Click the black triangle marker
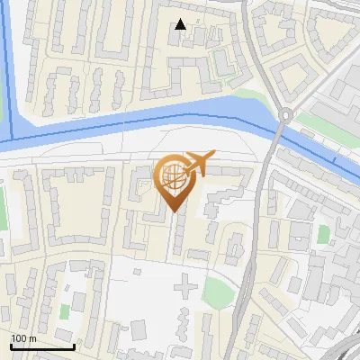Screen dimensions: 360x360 click(181, 24)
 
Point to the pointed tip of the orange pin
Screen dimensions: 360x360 click(173, 211)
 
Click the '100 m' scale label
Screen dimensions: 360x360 click(23, 338)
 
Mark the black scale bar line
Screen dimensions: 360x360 click(41, 346)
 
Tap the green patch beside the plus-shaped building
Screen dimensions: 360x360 click(215, 291)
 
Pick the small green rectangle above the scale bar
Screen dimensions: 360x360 click(64, 311)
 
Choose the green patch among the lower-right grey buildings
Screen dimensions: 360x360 click(323, 234)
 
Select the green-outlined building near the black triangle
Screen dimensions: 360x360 click(219, 63)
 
